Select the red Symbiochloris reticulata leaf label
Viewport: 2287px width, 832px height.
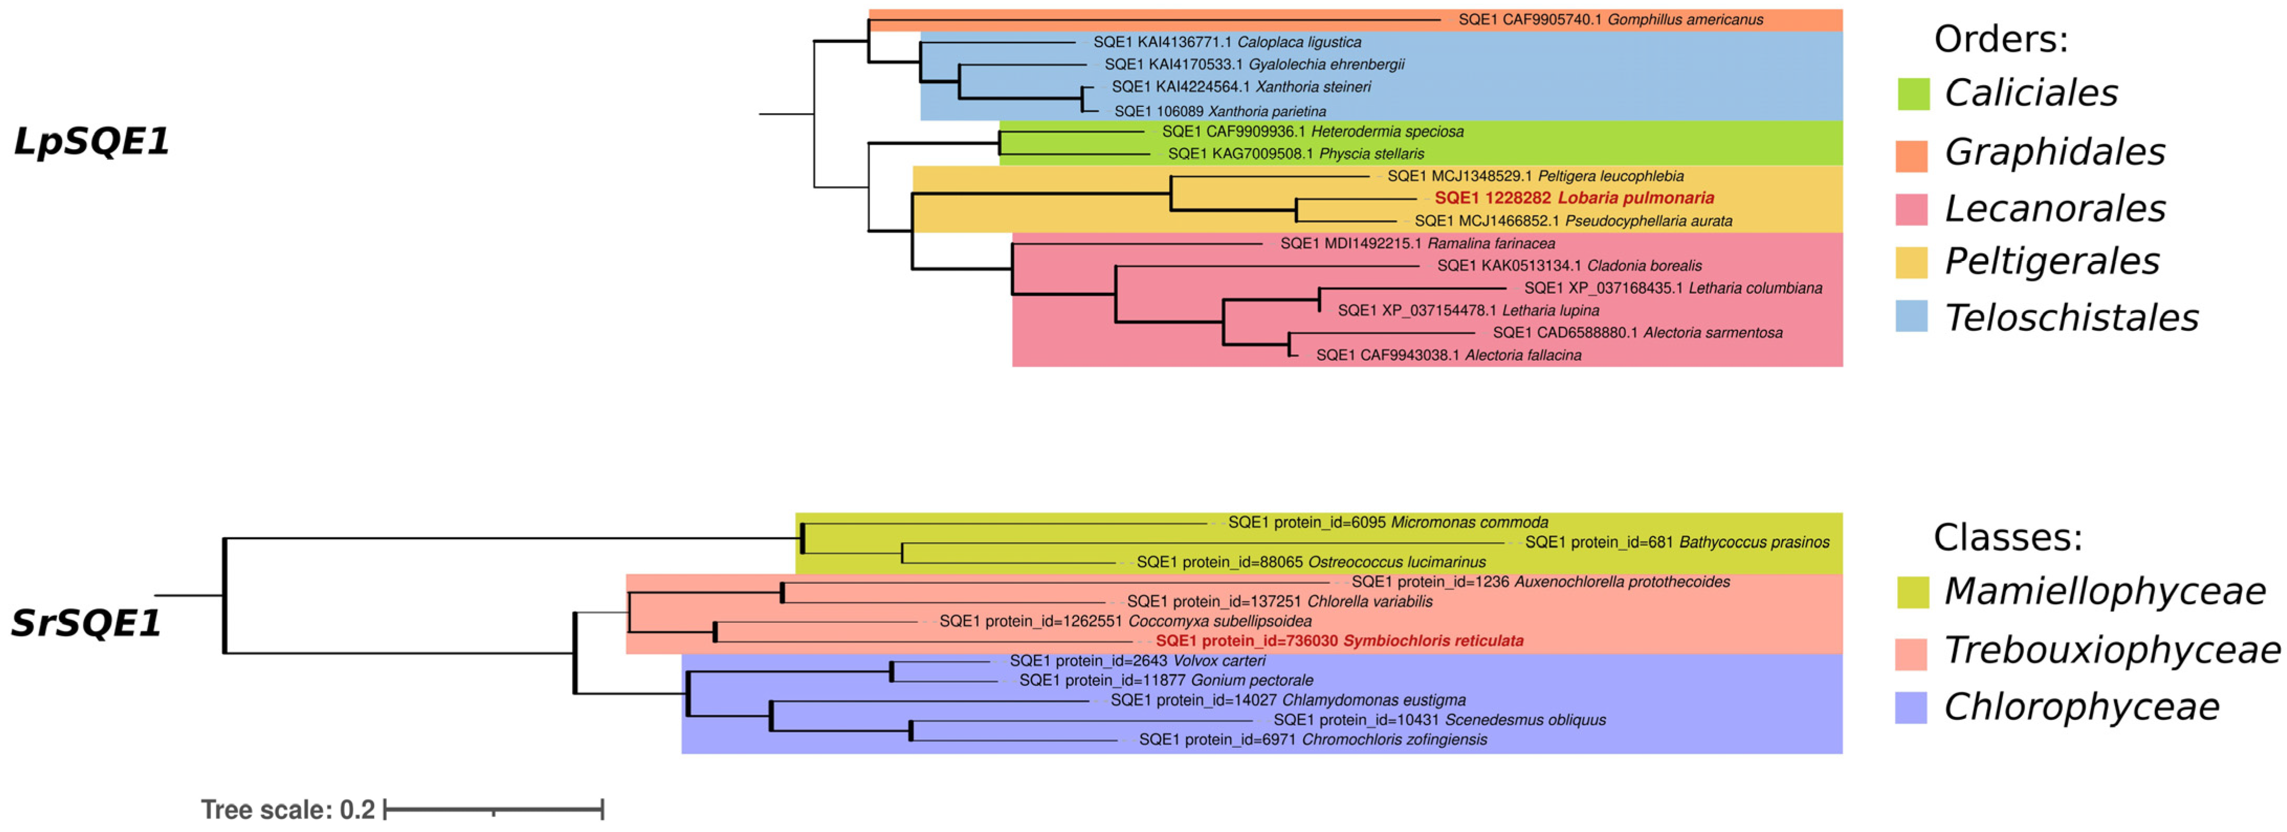[x=1339, y=640]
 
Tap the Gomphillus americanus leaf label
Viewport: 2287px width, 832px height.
[x=1610, y=19]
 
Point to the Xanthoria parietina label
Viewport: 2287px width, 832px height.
[x=1220, y=111]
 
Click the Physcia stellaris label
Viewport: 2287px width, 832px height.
[x=1295, y=153]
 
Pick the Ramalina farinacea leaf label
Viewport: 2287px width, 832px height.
[x=1417, y=243]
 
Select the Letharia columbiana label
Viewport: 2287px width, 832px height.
[x=1673, y=287]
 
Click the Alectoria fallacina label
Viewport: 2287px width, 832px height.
[x=1448, y=355]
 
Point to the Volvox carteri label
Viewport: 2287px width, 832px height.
[x=1137, y=661]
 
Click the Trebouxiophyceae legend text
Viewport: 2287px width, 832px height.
[x=2111, y=650]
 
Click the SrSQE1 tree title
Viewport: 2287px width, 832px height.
[x=86, y=623]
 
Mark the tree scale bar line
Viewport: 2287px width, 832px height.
[x=494, y=809]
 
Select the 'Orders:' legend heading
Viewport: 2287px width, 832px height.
[x=2001, y=39]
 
